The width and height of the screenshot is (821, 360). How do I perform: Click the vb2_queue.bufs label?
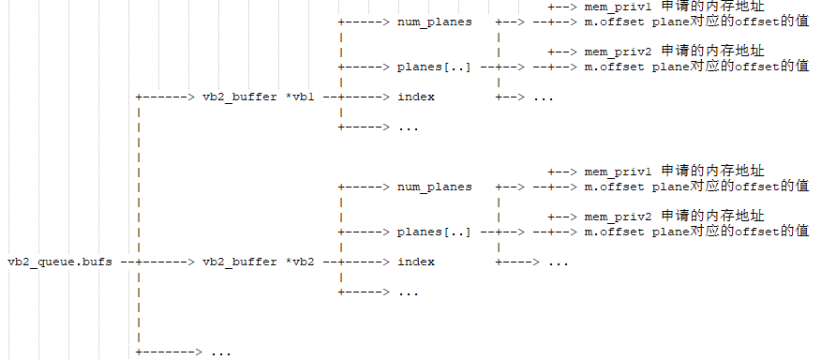tap(60, 262)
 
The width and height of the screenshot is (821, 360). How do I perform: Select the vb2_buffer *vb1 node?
tap(258, 97)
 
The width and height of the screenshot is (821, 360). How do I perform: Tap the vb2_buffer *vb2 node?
tap(258, 262)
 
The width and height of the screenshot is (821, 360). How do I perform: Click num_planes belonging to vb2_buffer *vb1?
tap(434, 22)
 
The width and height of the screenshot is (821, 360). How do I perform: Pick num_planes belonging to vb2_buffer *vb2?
tap(434, 187)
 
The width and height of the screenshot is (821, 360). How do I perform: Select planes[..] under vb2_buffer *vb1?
tap(434, 67)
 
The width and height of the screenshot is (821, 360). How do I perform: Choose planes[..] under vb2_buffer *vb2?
tap(434, 232)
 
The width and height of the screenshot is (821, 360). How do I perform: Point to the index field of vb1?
tap(416, 97)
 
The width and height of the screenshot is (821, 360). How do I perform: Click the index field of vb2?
tap(416, 262)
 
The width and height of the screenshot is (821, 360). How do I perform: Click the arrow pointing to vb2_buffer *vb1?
tap(166, 97)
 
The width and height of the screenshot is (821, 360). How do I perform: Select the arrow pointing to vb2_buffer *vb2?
tap(166, 262)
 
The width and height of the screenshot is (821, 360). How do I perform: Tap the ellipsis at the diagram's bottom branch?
tap(220, 352)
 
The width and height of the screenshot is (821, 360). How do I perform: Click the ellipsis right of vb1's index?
tap(544, 97)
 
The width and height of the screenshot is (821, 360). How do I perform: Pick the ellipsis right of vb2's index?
tap(558, 262)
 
